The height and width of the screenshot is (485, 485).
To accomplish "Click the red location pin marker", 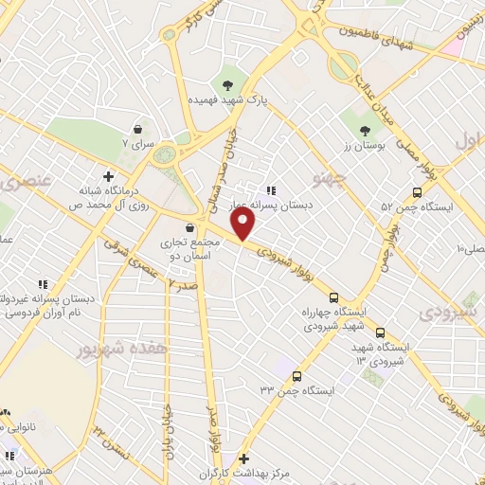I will pos(244,224).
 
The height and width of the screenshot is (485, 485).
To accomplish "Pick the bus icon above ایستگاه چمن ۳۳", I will pos(296,375).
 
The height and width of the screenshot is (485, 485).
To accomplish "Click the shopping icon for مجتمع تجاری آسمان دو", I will pos(191,228).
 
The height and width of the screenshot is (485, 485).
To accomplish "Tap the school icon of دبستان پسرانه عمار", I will pos(272,189).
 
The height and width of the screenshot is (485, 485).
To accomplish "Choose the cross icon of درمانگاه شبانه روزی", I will pos(110,176).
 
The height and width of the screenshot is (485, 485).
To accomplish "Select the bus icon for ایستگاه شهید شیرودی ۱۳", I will pos(380,332).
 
